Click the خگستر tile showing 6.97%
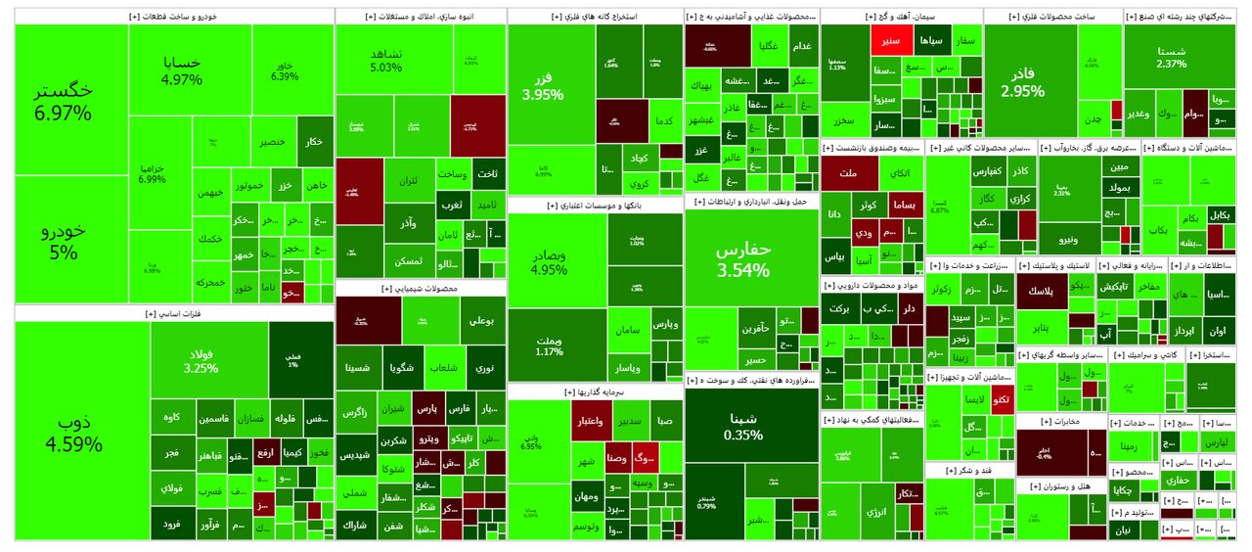[64, 101]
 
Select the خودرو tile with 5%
[64, 240]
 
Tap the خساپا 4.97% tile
[181, 69]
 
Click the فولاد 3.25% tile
[201, 361]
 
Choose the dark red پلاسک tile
[1043, 291]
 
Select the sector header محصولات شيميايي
[421, 289]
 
